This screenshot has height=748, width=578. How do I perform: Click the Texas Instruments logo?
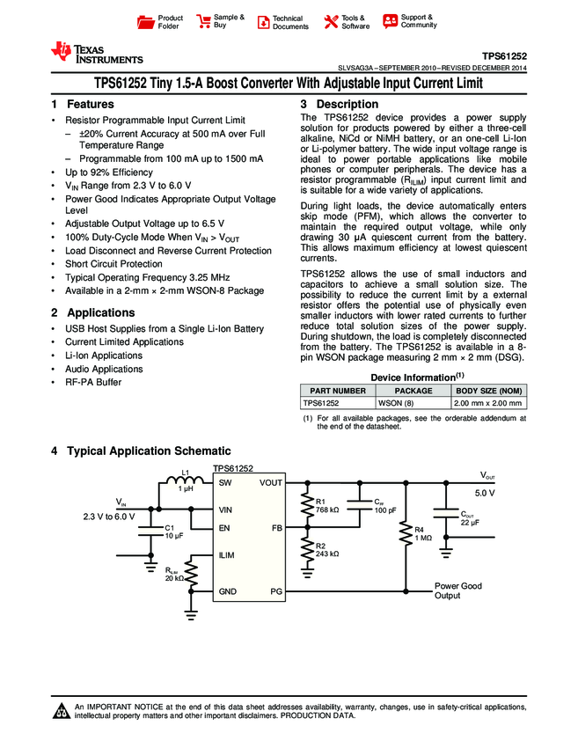click(97, 53)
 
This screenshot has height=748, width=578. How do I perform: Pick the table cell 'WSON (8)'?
click(394, 403)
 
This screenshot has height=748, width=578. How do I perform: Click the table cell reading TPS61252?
click(321, 403)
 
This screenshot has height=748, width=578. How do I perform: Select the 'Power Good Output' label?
click(458, 590)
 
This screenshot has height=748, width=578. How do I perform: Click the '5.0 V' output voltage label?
click(486, 494)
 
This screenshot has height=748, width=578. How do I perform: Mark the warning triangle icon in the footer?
click(62, 711)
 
